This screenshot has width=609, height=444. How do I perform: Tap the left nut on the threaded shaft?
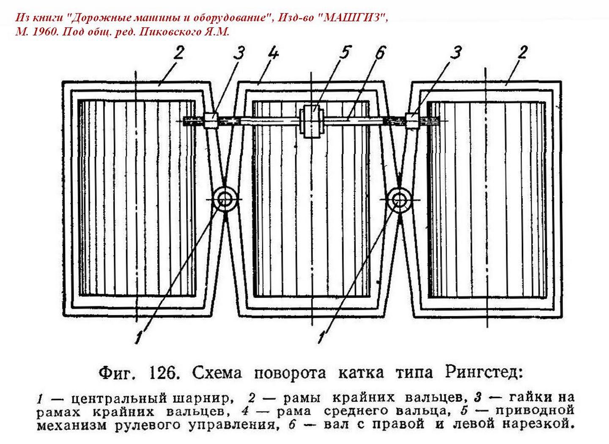pos(210,120)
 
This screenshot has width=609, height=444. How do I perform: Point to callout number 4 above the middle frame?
pos(272,55)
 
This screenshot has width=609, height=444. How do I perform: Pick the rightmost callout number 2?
pos(522,53)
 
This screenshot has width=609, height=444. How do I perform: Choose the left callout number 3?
pos(239,54)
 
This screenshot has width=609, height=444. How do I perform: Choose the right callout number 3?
pos(456,54)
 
